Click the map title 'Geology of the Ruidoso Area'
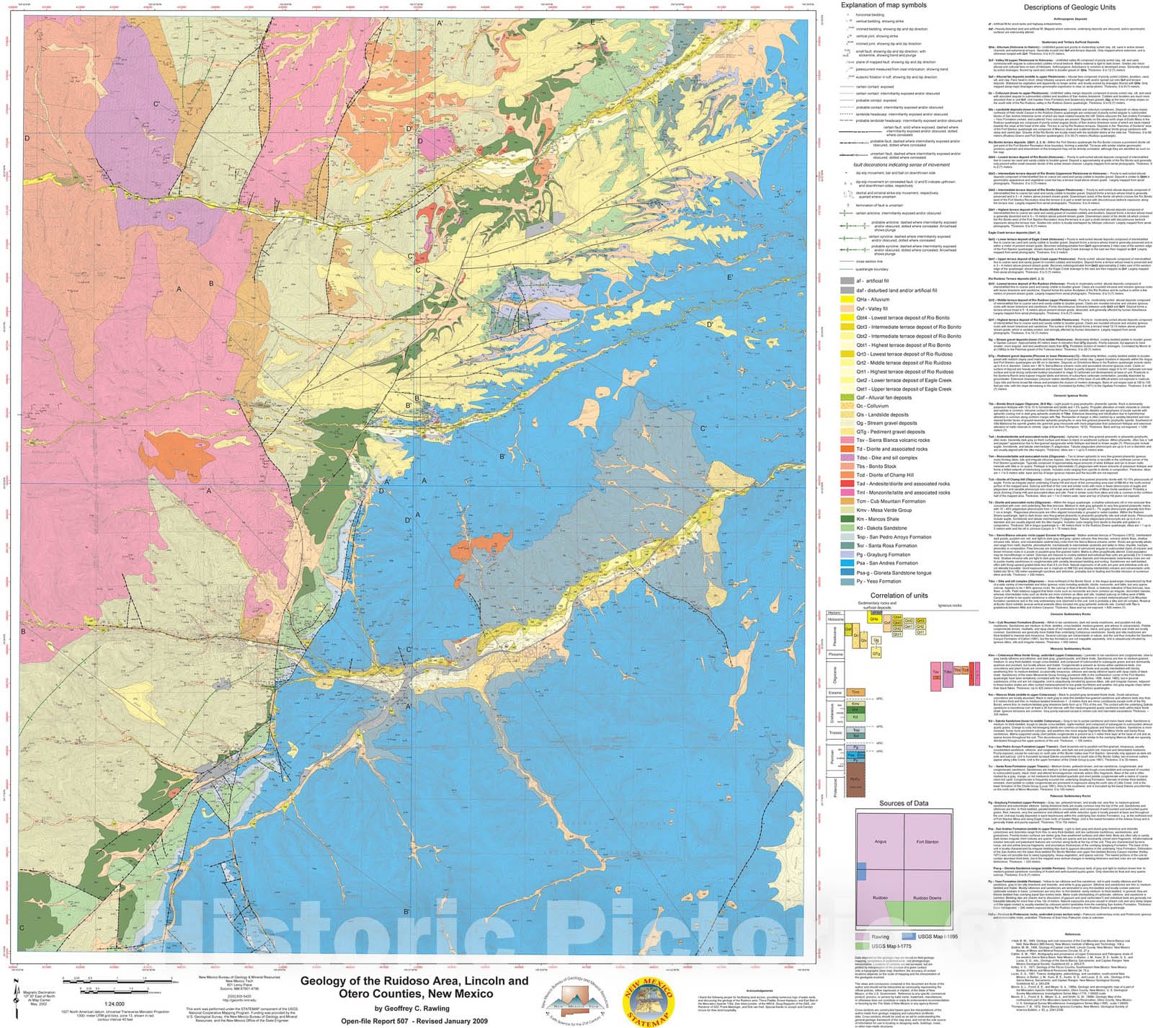pyautogui.click(x=414, y=980)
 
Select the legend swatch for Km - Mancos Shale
pyautogui.click(x=847, y=518)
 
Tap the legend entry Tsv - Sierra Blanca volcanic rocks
pyautogui.click(x=892, y=440)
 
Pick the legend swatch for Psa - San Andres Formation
pyautogui.click(x=847, y=563)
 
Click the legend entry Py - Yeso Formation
pyautogui.click(x=878, y=581)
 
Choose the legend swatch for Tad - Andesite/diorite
pyautogui.click(x=847, y=484)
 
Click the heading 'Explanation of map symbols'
pyautogui.click(x=883, y=5)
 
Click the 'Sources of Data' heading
pyautogui.click(x=903, y=803)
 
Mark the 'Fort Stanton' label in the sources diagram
pyautogui.click(x=927, y=841)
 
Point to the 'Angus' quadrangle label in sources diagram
pyautogui.click(x=880, y=841)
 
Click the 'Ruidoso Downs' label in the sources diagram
pyautogui.click(x=927, y=898)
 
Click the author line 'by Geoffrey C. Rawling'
pyautogui.click(x=411, y=1009)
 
